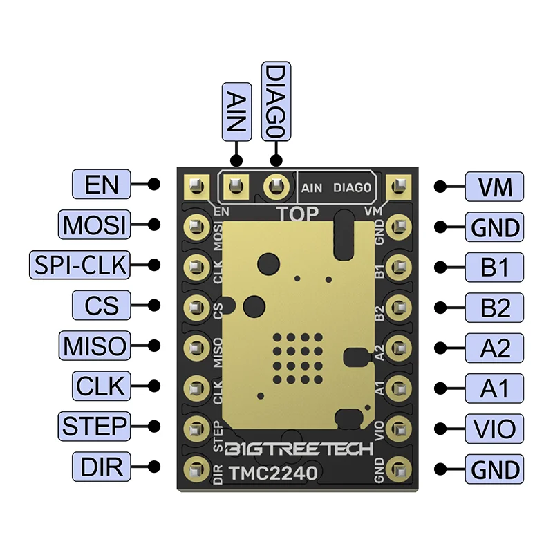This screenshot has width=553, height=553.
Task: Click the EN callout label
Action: point(101,185)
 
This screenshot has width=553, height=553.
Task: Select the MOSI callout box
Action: point(94,225)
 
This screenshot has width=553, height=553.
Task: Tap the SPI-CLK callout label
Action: point(80,265)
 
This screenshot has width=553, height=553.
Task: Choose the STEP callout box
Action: point(94,427)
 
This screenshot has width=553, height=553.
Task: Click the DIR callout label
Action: point(101,467)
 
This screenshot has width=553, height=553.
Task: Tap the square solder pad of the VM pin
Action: point(397,185)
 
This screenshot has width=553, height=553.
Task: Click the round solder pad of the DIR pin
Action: point(196,468)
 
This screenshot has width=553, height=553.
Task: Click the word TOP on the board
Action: point(298,213)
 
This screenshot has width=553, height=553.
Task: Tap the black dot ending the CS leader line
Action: point(154,306)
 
